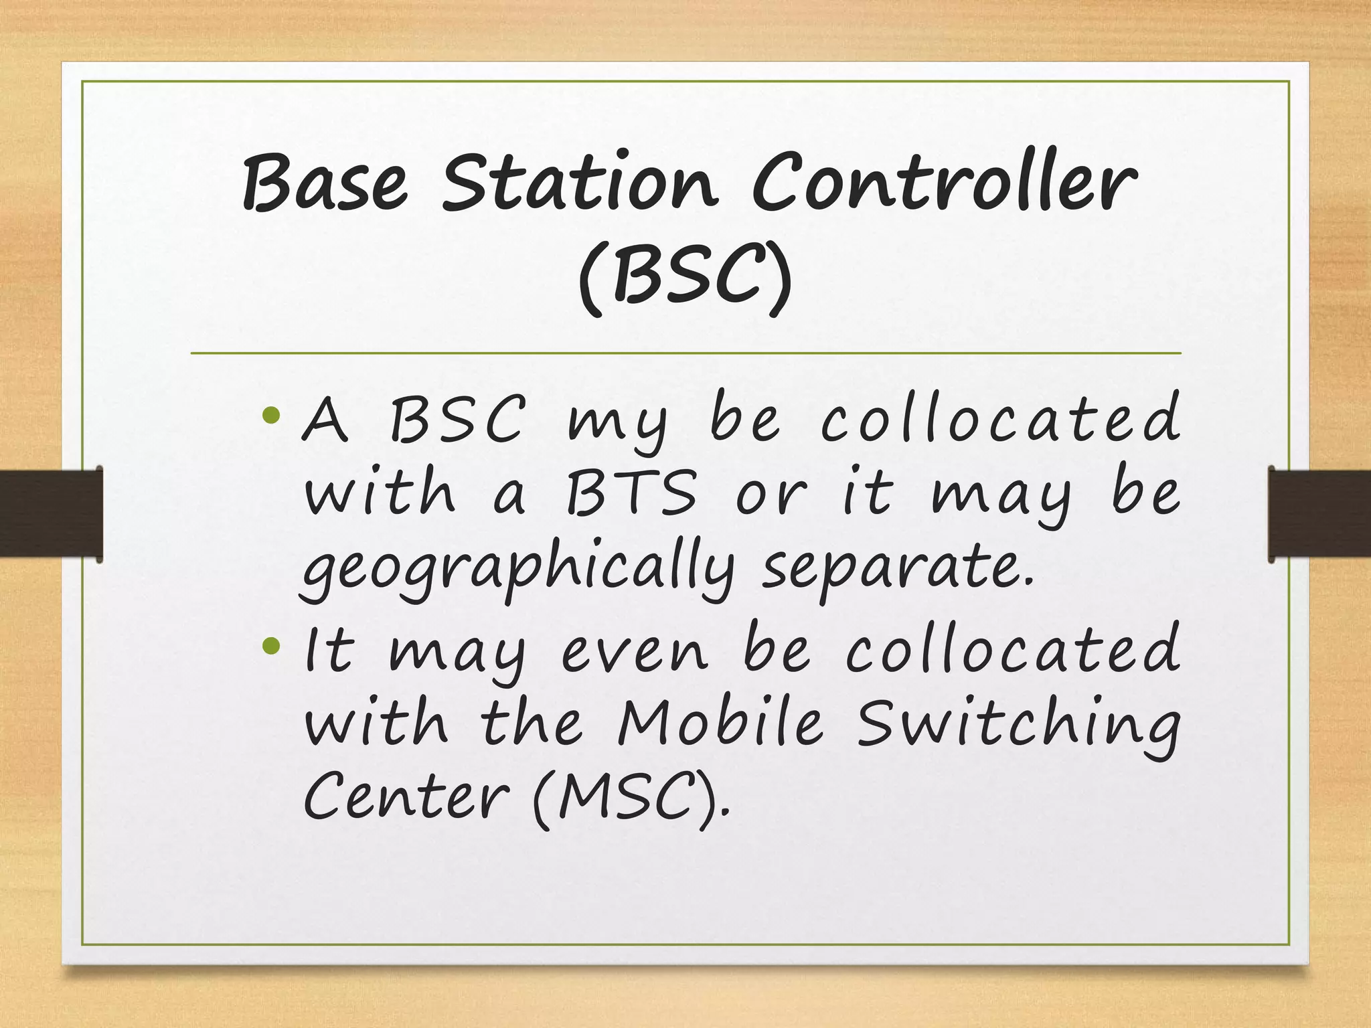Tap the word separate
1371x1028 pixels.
tap(897, 569)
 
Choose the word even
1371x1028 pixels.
tap(633, 653)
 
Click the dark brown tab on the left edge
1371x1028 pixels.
tap(51, 513)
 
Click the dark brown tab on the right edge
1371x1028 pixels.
tap(1319, 513)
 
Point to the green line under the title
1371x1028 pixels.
tap(685, 353)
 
